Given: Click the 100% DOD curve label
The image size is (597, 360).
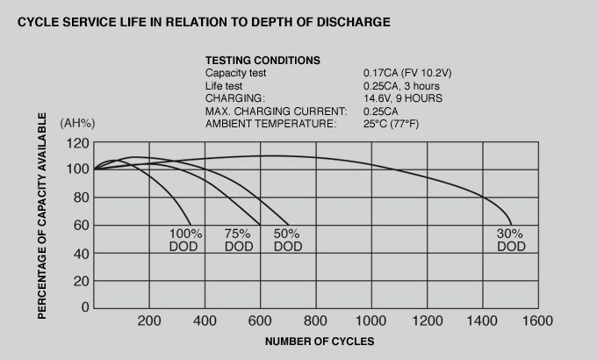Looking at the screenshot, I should pos(186,241).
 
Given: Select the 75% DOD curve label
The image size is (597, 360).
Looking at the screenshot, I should pos(238,241).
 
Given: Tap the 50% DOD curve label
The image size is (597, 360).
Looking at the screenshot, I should pos(287,241).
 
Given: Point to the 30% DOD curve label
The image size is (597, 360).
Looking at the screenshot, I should pos(510,241).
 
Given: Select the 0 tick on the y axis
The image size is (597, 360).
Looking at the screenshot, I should pos(85,308).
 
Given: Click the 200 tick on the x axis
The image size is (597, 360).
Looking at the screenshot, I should pos(148,321).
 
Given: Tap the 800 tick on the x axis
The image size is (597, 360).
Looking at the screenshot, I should pos(315,321).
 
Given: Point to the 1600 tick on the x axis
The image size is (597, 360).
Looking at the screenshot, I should pos(537,321).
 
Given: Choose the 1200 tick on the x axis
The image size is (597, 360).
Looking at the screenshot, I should pos(426,321).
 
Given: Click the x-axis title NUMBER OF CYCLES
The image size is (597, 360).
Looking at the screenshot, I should pos(320,341).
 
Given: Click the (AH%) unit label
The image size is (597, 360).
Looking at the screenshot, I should pos(77,123).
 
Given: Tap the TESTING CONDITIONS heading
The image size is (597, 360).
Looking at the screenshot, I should pos(263,61).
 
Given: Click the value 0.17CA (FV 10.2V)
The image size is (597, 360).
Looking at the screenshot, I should pos(407,73).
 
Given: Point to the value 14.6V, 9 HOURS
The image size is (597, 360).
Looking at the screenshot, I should pos(403,98).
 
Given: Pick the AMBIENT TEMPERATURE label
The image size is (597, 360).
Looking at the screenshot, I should pos(270,124).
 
